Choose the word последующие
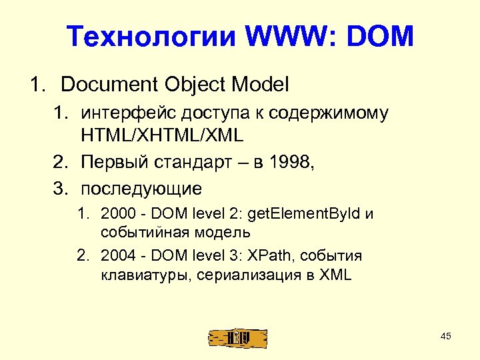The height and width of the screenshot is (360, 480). tap(141, 189)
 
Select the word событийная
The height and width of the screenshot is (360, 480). tap(146, 233)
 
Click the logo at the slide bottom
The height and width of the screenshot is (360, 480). tap(238, 338)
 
